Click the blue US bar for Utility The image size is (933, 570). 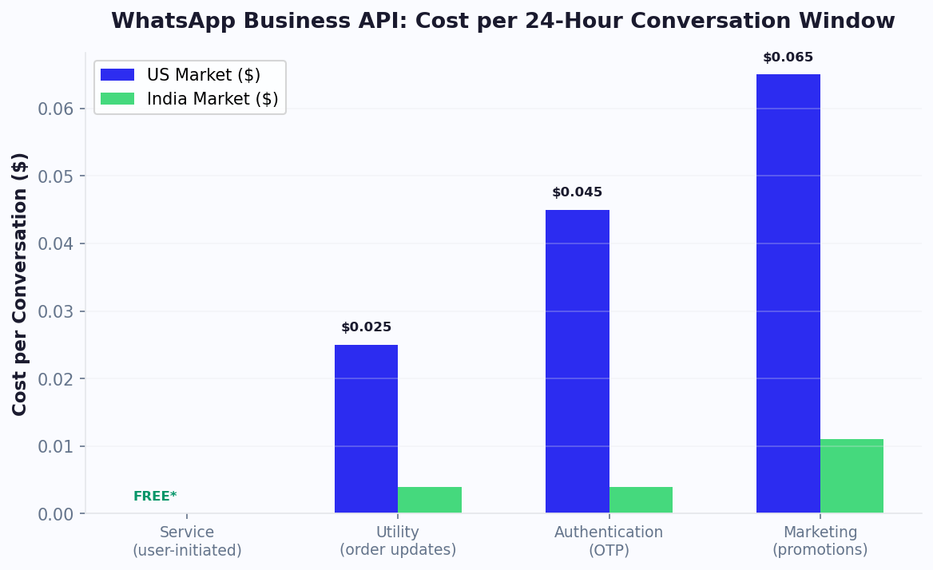click(x=366, y=429)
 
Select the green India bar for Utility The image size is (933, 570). click(x=430, y=500)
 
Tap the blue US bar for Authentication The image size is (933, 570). click(x=577, y=361)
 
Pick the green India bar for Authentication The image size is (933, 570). click(x=641, y=500)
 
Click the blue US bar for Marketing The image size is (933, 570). click(x=788, y=294)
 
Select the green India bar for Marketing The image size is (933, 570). click(x=852, y=476)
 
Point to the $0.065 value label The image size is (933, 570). click(x=788, y=57)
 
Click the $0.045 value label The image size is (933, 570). click(x=577, y=192)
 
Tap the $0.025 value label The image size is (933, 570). click(x=366, y=327)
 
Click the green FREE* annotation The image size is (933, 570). click(x=155, y=497)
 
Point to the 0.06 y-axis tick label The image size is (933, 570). click(x=56, y=109)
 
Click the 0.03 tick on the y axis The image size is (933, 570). click(x=56, y=311)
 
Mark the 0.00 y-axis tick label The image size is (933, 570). click(x=56, y=514)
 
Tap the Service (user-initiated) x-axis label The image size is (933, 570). click(x=187, y=541)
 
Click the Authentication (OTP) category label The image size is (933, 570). click(x=609, y=541)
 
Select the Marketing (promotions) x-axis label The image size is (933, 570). click(x=820, y=541)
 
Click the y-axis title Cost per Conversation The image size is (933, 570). click(x=20, y=283)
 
